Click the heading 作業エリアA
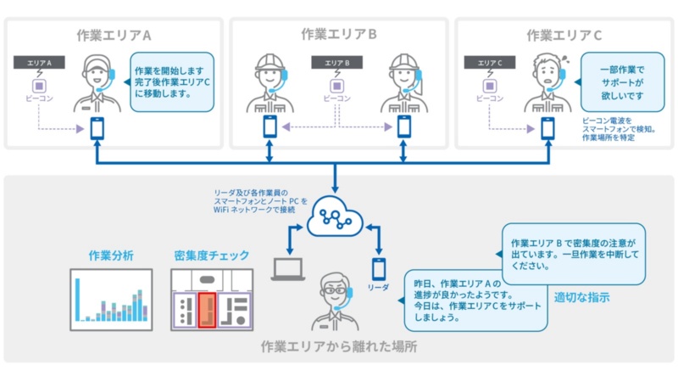point(113,36)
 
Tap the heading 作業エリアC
point(564,36)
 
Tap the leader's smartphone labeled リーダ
point(379,270)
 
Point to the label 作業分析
point(111,256)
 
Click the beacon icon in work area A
point(39,86)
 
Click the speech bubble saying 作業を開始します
point(170,82)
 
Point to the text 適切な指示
point(581,298)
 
